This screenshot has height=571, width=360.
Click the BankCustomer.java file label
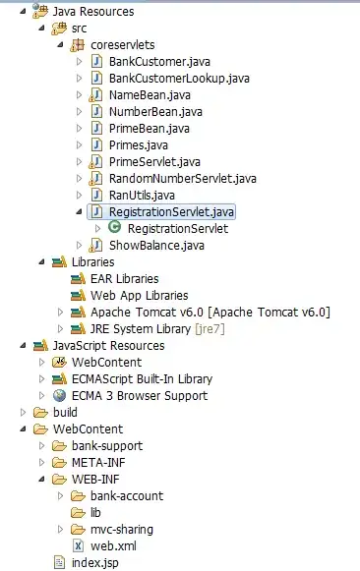pyautogui.click(x=159, y=62)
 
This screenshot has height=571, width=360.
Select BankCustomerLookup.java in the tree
pyautogui.click(x=179, y=79)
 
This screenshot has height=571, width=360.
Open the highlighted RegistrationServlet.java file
pyautogui.click(x=171, y=212)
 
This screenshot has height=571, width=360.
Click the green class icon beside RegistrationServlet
pyautogui.click(x=114, y=228)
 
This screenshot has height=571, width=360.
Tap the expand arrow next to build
pyautogui.click(x=23, y=412)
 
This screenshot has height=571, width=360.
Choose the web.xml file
pyautogui.click(x=113, y=546)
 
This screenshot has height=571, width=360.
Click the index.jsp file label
pyautogui.click(x=95, y=563)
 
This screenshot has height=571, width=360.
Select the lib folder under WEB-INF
pyautogui.click(x=95, y=513)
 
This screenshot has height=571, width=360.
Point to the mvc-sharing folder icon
pyautogui.click(x=78, y=529)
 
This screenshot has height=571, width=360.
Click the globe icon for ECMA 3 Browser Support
pyautogui.click(x=59, y=395)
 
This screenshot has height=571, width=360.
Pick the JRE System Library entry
pyautogui.click(x=157, y=329)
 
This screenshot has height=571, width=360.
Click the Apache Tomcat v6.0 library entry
pyautogui.click(x=210, y=313)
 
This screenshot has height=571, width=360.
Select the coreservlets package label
pyautogui.click(x=122, y=45)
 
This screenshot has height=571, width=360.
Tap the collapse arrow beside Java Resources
pyautogui.click(x=24, y=11)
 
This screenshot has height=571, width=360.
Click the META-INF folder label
pyautogui.click(x=98, y=463)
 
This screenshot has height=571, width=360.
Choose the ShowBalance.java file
pyautogui.click(x=156, y=246)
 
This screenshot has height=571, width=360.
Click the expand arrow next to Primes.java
pyautogui.click(x=79, y=144)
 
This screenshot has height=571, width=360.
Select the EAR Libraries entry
pyautogui.click(x=125, y=279)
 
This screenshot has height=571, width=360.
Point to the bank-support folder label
pyautogui.click(x=107, y=446)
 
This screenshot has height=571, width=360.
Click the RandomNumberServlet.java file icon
pyautogui.click(x=95, y=179)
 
